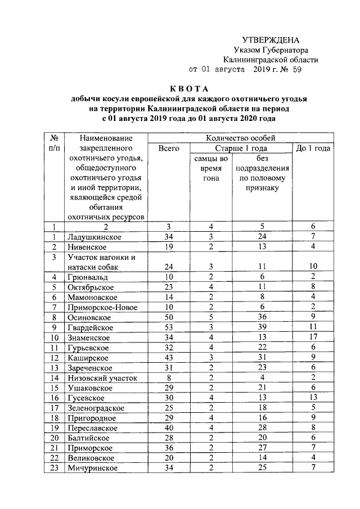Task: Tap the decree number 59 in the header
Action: (x=309, y=70)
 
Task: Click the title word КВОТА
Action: (x=189, y=89)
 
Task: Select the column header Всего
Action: (x=169, y=148)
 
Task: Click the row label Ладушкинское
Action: (x=94, y=236)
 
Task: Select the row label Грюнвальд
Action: (x=85, y=277)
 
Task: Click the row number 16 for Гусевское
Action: (x=55, y=398)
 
